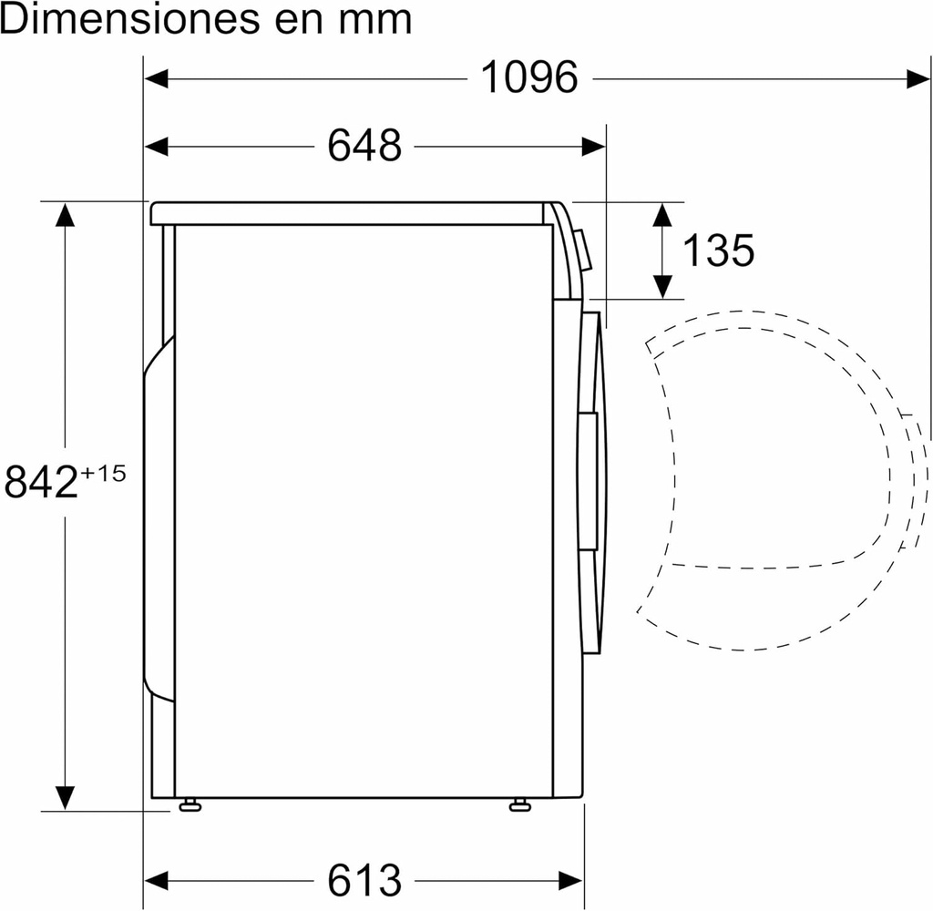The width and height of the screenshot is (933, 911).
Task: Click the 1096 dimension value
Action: [x=528, y=78]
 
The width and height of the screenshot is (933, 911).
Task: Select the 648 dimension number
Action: [x=364, y=146]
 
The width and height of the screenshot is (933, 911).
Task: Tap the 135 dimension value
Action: [x=718, y=251]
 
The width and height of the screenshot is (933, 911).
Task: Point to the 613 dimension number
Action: [x=364, y=880]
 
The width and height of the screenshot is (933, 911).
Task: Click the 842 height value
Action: [x=41, y=482]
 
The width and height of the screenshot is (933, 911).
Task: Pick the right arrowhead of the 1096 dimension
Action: [x=918, y=78]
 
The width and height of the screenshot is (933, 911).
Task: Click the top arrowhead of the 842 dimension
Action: [x=65, y=215]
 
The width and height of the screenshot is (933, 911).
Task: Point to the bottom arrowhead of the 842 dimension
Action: [x=65, y=797]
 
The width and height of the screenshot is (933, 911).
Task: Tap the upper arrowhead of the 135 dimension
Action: [x=662, y=215]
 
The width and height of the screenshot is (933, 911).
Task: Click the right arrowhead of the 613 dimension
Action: [x=571, y=880]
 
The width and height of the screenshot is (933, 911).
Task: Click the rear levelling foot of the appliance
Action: [x=190, y=804]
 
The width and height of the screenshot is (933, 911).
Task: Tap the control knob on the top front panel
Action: [x=583, y=251]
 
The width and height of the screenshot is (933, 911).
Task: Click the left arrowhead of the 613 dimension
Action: [x=157, y=880]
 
